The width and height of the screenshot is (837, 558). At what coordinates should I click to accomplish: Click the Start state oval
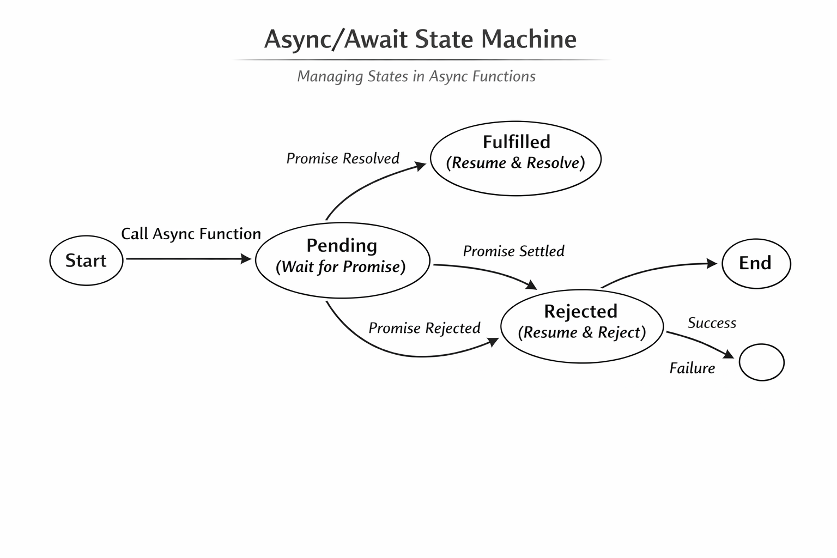(86, 260)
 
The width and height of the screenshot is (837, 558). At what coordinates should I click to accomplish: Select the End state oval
(756, 263)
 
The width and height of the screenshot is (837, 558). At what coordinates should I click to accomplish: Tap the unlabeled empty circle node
(761, 362)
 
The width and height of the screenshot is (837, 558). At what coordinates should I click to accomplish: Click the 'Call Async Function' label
(191, 234)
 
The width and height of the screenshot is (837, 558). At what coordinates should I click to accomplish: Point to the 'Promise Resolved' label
(343, 159)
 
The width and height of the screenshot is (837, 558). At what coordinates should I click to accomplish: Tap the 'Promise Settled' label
(513, 251)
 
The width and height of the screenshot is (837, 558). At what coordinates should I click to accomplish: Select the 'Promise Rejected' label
(424, 328)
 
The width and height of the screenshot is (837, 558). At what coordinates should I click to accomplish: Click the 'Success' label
(712, 323)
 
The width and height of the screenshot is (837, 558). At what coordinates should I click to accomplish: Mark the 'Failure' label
(692, 368)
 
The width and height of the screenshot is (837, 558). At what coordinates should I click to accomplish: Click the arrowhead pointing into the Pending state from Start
(246, 259)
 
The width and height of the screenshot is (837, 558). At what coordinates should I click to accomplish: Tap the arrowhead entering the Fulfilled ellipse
(421, 165)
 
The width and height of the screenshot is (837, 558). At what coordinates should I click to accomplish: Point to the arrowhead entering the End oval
(712, 263)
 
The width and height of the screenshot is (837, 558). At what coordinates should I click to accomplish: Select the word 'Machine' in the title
(530, 39)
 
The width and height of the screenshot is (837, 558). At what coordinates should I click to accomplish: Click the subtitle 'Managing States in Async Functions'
(416, 76)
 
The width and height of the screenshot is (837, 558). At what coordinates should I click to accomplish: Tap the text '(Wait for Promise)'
(341, 267)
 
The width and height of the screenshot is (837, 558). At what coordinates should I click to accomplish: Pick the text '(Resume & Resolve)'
(515, 163)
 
